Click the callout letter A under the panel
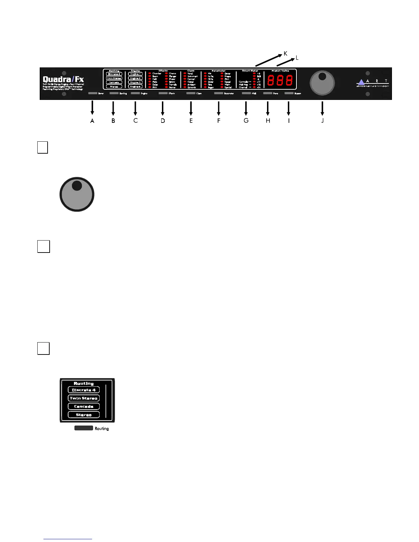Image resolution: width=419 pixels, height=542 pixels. [x=92, y=120]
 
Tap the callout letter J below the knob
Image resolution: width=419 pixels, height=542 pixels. [x=322, y=120]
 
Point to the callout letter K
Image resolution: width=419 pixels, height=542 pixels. [x=285, y=54]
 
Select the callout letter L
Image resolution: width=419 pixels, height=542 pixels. [x=297, y=58]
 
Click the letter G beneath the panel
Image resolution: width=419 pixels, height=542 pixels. [x=246, y=120]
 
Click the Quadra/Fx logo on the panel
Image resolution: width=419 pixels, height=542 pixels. [x=63, y=80]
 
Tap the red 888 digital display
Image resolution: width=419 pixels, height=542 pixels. [x=280, y=80]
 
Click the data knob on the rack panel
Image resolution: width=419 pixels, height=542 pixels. [x=322, y=83]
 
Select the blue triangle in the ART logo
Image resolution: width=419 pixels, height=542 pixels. [x=361, y=82]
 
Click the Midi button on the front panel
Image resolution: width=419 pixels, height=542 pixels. [x=246, y=93]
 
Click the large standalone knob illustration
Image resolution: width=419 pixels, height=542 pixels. [x=77, y=194]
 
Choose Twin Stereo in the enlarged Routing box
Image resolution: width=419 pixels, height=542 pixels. [x=84, y=398]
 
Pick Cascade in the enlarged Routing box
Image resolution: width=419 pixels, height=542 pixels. [x=84, y=406]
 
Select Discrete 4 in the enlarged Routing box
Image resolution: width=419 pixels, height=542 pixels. [x=84, y=390]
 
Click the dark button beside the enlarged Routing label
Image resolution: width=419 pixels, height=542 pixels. [x=84, y=428]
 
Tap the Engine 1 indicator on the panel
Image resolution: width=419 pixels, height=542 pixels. [x=135, y=74]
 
